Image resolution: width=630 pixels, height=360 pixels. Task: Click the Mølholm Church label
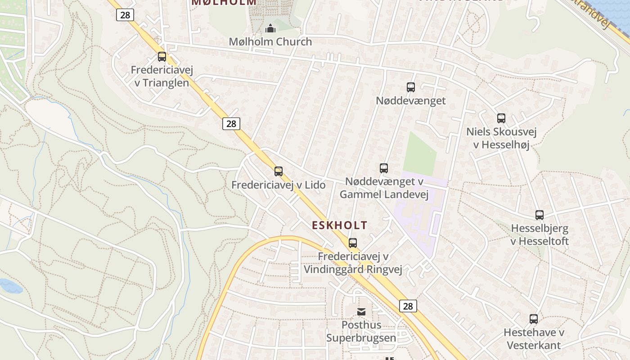click(x=270, y=42)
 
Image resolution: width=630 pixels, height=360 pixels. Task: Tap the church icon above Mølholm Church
click(x=270, y=28)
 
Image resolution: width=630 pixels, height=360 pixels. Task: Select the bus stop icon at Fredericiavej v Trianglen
click(x=162, y=57)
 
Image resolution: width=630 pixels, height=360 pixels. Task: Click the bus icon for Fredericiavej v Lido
click(x=279, y=171)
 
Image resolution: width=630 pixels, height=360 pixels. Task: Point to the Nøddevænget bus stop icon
click(x=411, y=87)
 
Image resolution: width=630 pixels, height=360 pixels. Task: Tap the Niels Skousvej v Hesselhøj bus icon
click(x=501, y=118)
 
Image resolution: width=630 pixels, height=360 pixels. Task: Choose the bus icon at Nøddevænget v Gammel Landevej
click(x=384, y=168)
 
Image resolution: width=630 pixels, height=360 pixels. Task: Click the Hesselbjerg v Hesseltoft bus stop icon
click(x=540, y=215)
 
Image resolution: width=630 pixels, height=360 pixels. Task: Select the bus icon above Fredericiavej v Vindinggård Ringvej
click(x=353, y=243)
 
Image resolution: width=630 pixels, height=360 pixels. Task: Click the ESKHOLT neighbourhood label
click(x=340, y=225)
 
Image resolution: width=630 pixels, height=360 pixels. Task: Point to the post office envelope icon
click(x=361, y=311)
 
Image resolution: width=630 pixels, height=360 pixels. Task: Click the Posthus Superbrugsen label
click(x=361, y=331)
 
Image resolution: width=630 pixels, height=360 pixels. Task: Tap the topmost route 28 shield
click(x=125, y=15)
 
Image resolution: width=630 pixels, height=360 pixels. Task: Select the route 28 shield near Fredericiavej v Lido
click(x=231, y=124)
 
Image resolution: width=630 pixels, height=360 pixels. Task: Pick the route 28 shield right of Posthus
click(x=408, y=306)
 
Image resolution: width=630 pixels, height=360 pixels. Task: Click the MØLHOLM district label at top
click(x=224, y=2)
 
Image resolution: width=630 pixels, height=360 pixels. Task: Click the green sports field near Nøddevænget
click(x=420, y=154)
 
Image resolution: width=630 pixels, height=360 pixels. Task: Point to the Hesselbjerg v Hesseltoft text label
click(x=540, y=235)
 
